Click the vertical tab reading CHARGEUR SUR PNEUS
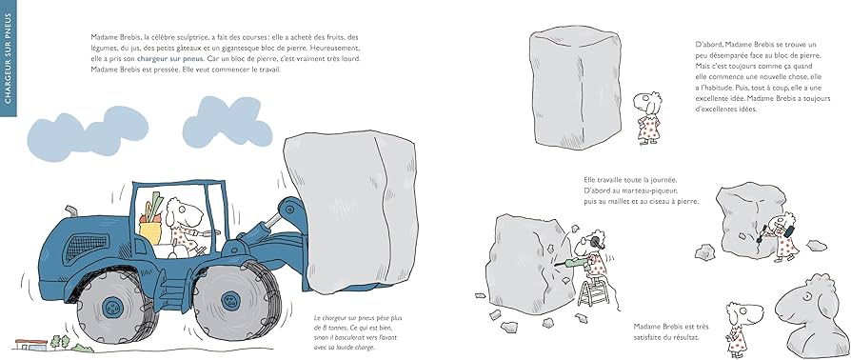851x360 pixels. pyautogui.click(x=9, y=58)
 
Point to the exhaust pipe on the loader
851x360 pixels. pyautogui.click(x=71, y=211)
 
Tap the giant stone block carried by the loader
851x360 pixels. pyautogui.click(x=351, y=210)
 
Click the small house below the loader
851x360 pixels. pyautogui.click(x=30, y=344)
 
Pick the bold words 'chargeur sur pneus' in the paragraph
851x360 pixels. pyautogui.click(x=170, y=58)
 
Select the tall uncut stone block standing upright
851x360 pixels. pyautogui.click(x=575, y=87)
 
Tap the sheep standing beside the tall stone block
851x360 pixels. pyautogui.click(x=647, y=118)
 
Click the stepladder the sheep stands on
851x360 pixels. pyautogui.click(x=593, y=290)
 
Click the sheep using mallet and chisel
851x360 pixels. pyautogui.click(x=783, y=237)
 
